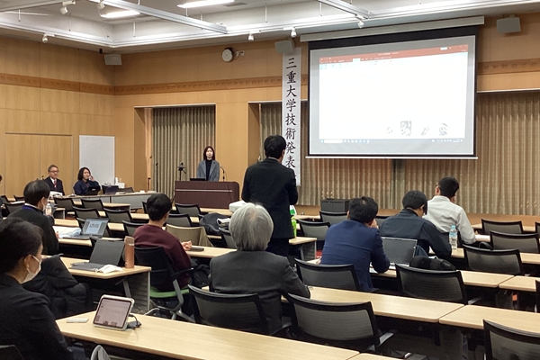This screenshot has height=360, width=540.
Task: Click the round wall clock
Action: tap(228, 55)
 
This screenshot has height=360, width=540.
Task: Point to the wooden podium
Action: tap(207, 193)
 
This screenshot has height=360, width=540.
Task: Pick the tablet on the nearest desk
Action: tap(113, 312)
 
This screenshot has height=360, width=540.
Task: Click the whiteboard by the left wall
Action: tap(96, 158)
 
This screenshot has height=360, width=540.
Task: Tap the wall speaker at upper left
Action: tap(112, 59)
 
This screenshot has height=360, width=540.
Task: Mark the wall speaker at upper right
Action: tap(508, 25)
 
